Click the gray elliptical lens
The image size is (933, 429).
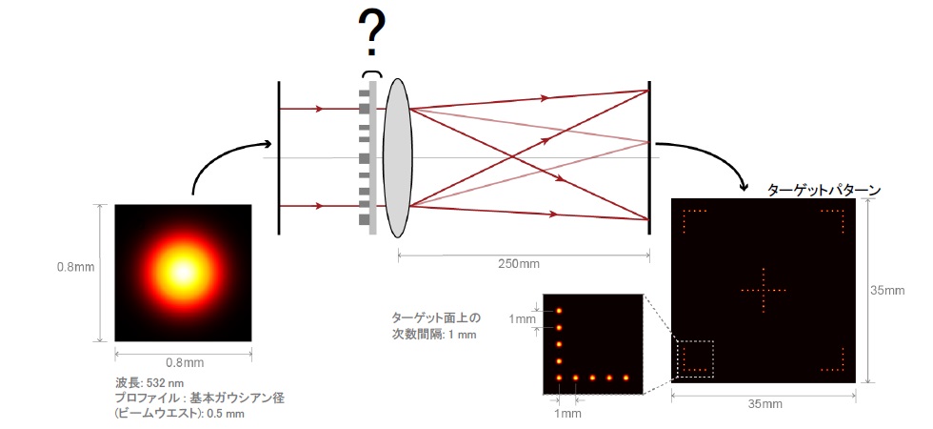click(x=398, y=157)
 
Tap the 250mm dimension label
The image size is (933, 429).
click(x=523, y=264)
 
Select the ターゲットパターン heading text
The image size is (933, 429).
click(x=824, y=190)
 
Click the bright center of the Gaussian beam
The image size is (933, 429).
click(x=183, y=273)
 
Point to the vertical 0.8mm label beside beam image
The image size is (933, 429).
click(x=75, y=267)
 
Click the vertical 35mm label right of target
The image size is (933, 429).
click(x=891, y=291)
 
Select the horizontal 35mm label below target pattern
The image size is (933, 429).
click(x=764, y=404)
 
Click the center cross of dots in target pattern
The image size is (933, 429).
click(x=764, y=290)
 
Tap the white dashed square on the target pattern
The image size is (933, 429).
click(x=695, y=359)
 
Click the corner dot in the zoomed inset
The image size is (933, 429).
click(x=559, y=378)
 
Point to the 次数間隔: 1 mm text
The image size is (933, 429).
click(x=433, y=335)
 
